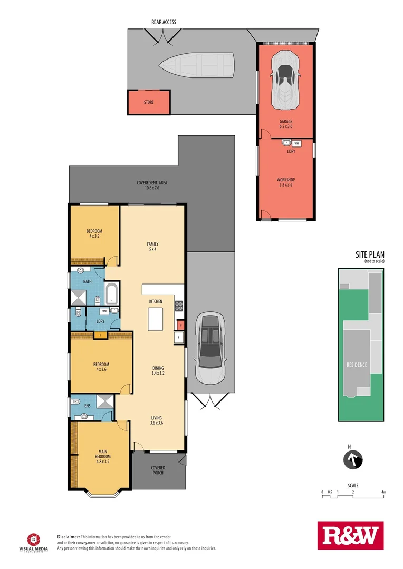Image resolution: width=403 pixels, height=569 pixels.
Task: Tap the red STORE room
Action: coord(149,102)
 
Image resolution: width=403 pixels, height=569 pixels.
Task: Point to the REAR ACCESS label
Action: coord(164,22)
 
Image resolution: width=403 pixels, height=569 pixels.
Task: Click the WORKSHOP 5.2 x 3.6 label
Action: coord(285,182)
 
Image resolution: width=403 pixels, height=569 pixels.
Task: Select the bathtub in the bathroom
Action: coord(113,293)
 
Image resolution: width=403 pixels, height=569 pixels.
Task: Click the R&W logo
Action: coord(350,536)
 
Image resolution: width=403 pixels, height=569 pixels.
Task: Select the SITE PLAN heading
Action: coord(370,256)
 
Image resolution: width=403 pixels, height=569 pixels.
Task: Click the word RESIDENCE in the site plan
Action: coord(357,365)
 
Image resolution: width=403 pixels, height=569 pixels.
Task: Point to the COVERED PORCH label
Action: coord(158,470)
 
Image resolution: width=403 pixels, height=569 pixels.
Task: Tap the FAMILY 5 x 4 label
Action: coord(152,246)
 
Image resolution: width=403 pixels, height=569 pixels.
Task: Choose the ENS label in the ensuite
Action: coord(87,406)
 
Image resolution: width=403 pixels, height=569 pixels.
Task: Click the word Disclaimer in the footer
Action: coord(68,536)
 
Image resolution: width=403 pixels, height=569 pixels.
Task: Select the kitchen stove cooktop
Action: coord(179,306)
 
